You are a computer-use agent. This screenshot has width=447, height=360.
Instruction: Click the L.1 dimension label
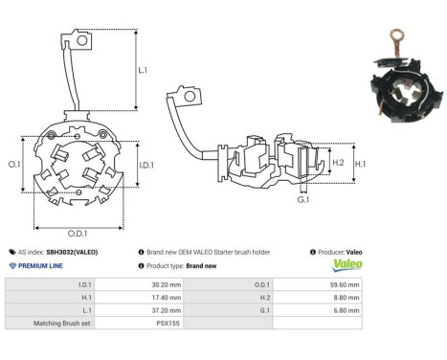click(x=143, y=70)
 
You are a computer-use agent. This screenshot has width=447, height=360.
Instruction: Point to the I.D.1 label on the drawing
click(x=146, y=167)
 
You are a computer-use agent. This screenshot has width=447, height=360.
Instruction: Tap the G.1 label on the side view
click(x=303, y=200)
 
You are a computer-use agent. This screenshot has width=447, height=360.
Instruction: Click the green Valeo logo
click(x=346, y=265)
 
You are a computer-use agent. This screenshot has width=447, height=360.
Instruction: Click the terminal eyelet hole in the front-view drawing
click(x=83, y=41)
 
